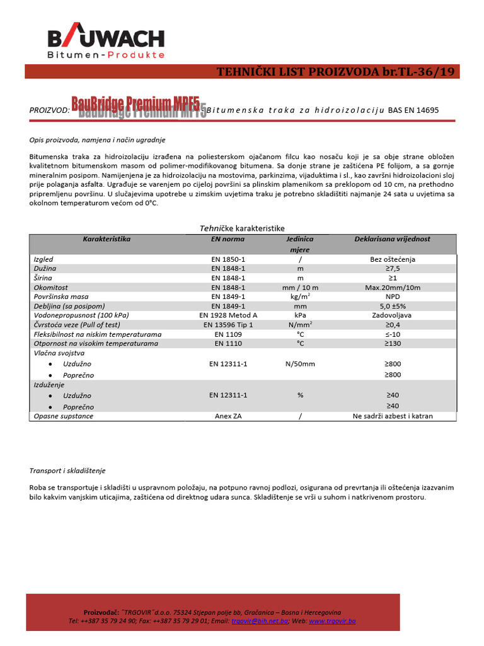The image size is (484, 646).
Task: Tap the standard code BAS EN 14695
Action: point(413,110)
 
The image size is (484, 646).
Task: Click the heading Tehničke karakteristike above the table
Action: point(243,228)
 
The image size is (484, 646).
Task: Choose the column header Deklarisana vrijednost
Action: point(392,240)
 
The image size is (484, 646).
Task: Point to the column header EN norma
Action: point(228,240)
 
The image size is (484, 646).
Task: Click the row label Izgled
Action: point(43,259)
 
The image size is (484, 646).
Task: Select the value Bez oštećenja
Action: point(392,259)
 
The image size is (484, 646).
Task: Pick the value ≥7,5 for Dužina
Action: point(392,269)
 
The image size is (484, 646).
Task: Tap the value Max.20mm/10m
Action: point(392,287)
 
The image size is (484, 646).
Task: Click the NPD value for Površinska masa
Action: point(392,297)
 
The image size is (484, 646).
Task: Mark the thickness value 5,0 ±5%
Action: point(392,306)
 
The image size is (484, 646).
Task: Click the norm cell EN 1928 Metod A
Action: point(228,315)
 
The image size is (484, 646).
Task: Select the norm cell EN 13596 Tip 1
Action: point(228,324)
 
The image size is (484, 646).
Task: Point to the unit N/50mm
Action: point(300,364)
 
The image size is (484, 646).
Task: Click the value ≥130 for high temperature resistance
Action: point(392,343)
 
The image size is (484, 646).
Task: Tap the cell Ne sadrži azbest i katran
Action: point(392,416)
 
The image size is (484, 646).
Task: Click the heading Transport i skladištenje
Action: point(67,471)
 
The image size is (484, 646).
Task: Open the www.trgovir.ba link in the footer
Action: point(332,621)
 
